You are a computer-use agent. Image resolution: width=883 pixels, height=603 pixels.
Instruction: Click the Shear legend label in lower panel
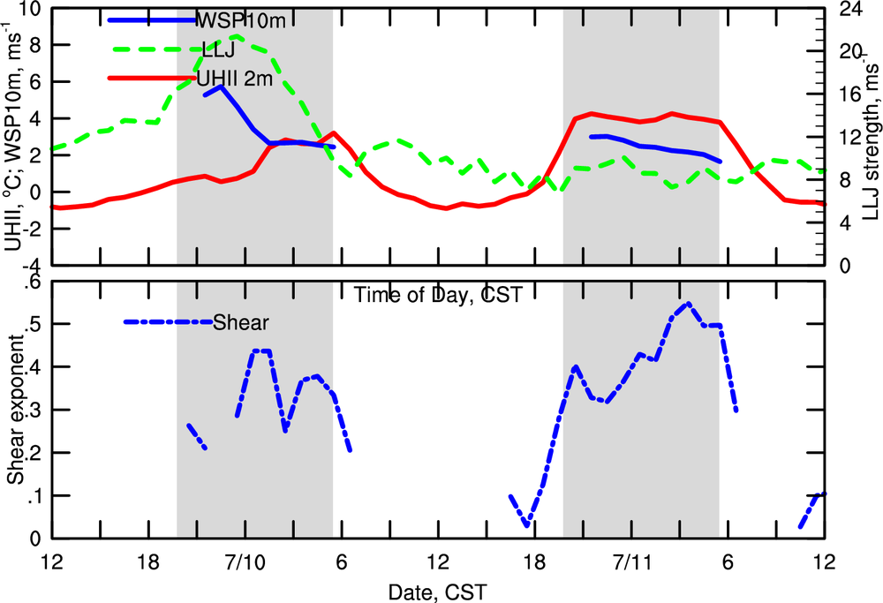point(240,322)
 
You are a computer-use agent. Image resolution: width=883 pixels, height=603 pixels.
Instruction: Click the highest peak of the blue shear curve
point(688,303)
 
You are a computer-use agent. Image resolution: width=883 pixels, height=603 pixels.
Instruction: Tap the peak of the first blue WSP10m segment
point(221,87)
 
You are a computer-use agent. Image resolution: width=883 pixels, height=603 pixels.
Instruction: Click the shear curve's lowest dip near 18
point(527,525)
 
